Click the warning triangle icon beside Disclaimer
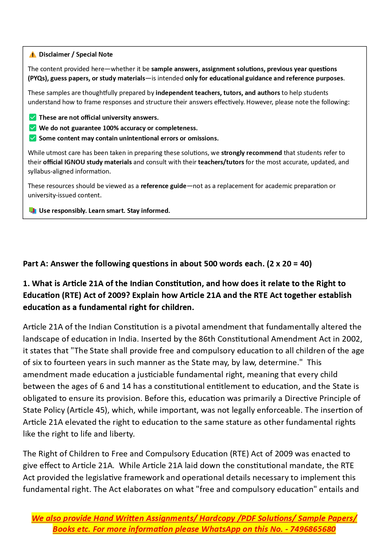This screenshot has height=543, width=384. click(32, 55)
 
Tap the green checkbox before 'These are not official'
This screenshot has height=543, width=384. click(32, 118)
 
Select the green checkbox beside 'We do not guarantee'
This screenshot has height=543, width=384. click(32, 128)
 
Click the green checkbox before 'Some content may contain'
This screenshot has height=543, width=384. click(32, 138)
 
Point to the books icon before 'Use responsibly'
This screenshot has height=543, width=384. click(32, 211)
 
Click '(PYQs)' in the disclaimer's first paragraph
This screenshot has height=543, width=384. click(38, 78)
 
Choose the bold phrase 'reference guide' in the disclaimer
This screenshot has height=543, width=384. click(163, 186)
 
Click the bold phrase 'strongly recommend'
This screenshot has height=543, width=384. click(251, 153)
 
